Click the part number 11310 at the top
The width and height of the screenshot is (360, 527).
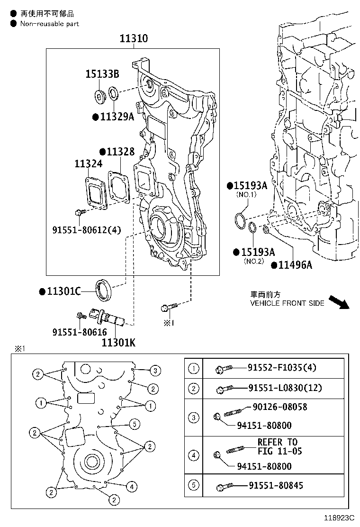(x=133, y=39)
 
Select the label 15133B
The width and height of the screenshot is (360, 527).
(x=102, y=74)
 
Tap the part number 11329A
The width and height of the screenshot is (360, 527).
(x=117, y=117)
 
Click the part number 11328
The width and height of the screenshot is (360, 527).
(x=120, y=152)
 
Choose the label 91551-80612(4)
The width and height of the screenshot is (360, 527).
(x=87, y=230)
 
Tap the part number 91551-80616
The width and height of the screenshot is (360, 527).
(x=80, y=333)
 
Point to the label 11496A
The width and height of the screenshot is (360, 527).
(x=295, y=265)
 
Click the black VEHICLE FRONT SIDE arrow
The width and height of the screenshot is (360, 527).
(x=339, y=302)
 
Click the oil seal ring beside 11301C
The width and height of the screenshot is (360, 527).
(x=105, y=290)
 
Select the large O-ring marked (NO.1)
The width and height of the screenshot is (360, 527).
(x=240, y=220)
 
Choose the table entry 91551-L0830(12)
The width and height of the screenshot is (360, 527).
(x=285, y=388)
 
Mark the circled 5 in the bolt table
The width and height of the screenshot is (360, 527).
(x=194, y=485)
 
